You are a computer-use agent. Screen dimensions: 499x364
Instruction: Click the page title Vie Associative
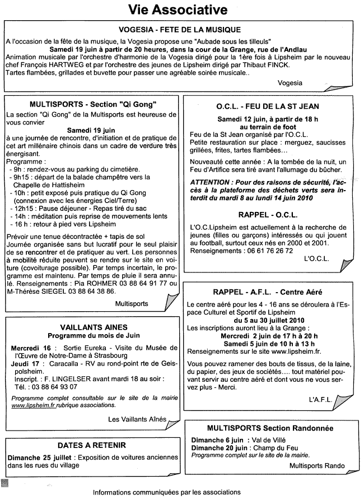pos(178,10)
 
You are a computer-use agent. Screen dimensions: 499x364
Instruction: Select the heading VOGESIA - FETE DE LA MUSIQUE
pos(180,30)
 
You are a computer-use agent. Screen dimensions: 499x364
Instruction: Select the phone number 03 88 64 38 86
pos(89,292)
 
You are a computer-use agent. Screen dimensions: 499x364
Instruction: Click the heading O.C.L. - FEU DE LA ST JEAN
pos(268,106)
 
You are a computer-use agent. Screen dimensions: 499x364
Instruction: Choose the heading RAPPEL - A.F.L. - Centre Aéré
pos(267,292)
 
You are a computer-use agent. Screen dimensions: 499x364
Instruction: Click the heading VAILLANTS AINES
pos(94,327)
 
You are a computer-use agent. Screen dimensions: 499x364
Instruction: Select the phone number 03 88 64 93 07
pos(53,386)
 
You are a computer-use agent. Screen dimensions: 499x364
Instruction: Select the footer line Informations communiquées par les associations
pos(167,492)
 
